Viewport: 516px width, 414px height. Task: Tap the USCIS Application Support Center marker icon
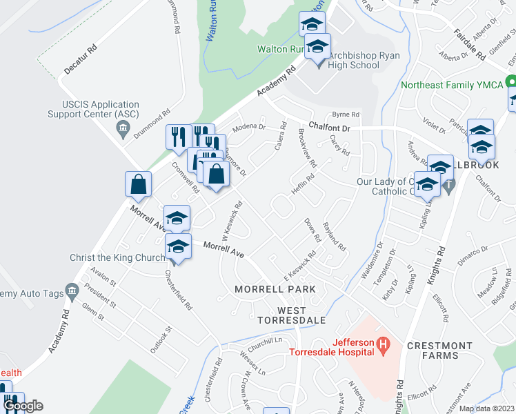coord(123,128)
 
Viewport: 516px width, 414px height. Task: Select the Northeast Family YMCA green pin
coord(511,81)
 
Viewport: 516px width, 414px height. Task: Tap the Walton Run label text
coord(280,49)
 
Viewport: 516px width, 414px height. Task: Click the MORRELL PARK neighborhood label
coord(275,288)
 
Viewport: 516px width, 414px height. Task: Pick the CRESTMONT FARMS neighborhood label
coord(439,351)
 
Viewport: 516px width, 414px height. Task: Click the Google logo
coord(23,406)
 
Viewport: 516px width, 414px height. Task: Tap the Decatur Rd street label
coord(79,60)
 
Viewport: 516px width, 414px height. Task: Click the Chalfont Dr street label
coord(330,127)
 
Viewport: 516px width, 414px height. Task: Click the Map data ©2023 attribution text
coord(486,408)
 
